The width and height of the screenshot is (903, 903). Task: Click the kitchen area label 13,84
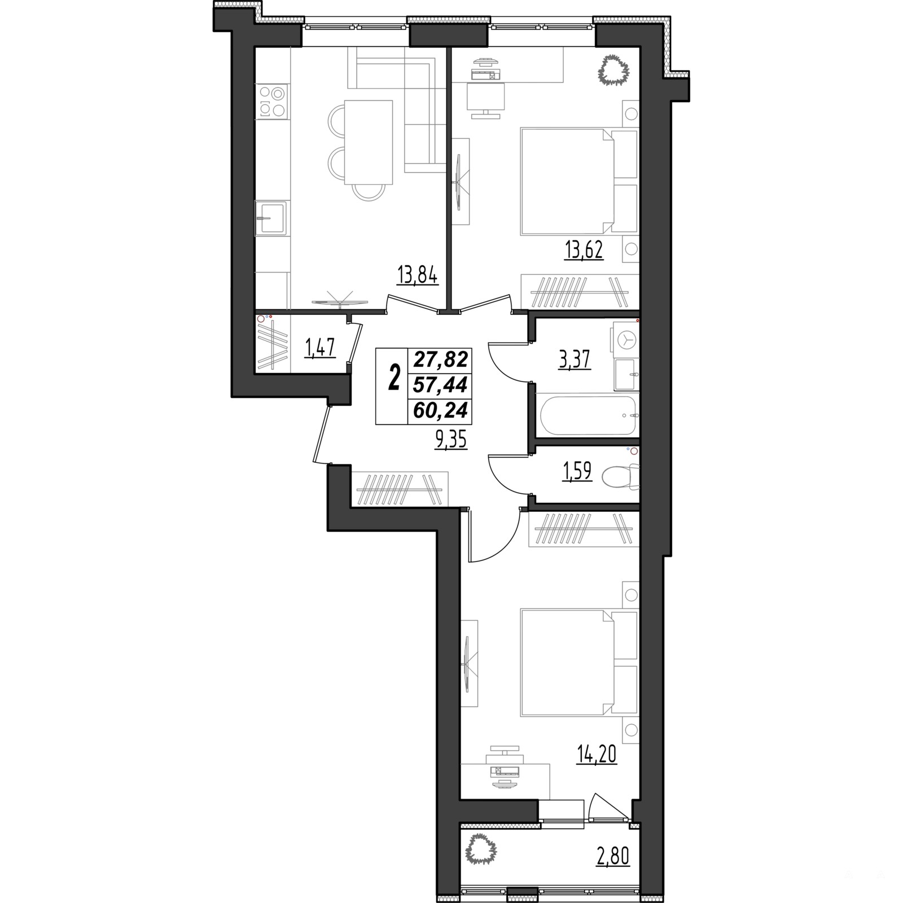(418, 278)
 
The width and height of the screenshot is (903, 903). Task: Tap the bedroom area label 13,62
(584, 249)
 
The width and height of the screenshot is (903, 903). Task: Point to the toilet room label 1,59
(576, 471)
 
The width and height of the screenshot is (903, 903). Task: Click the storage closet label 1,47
(321, 348)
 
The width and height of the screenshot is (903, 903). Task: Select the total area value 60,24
(441, 410)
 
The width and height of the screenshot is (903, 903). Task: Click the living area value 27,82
(441, 358)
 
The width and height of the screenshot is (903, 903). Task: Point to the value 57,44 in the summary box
(441, 384)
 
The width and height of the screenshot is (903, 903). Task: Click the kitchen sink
(271, 217)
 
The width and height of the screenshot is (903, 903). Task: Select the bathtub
(588, 415)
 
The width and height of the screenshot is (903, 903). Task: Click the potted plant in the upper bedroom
(613, 71)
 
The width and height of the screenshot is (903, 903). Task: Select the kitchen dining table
(368, 142)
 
